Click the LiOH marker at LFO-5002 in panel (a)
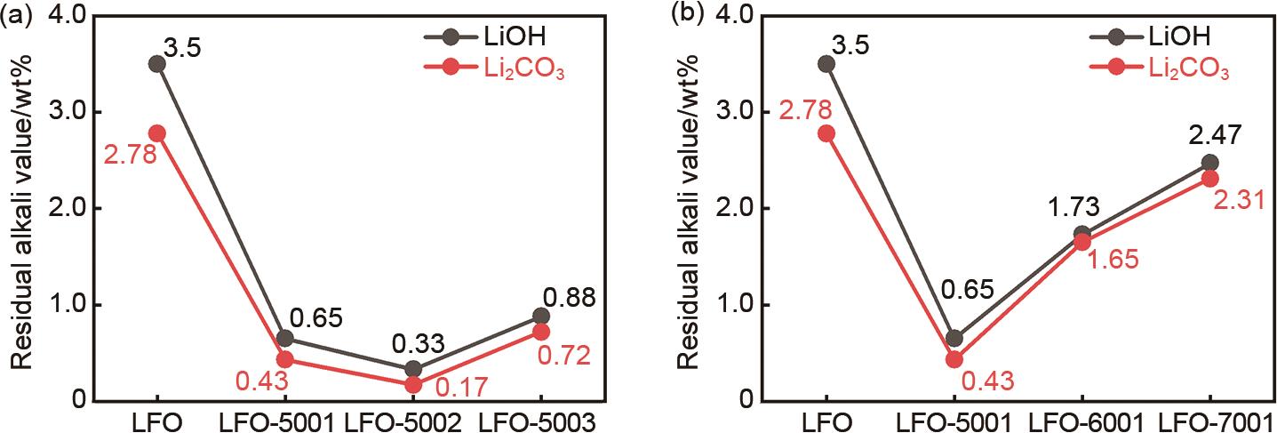(x=412, y=369)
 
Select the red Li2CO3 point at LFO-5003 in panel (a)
(x=540, y=332)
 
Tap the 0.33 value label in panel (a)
(x=413, y=341)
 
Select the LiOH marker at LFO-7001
(x=1209, y=163)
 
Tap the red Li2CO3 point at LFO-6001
(x=1081, y=242)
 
